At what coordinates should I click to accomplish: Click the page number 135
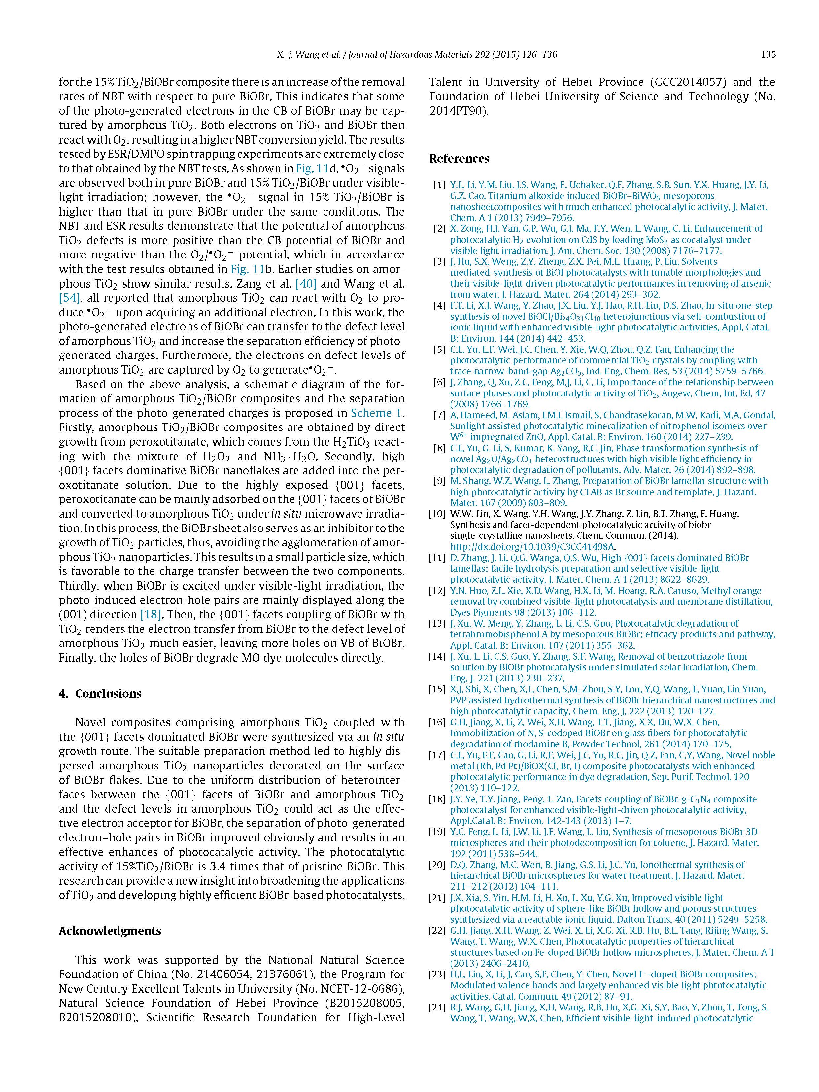click(x=768, y=55)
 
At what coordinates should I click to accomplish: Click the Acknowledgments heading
click(x=110, y=931)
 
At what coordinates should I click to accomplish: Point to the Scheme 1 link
click(x=376, y=413)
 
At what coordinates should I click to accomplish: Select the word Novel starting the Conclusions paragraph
click(x=91, y=723)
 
